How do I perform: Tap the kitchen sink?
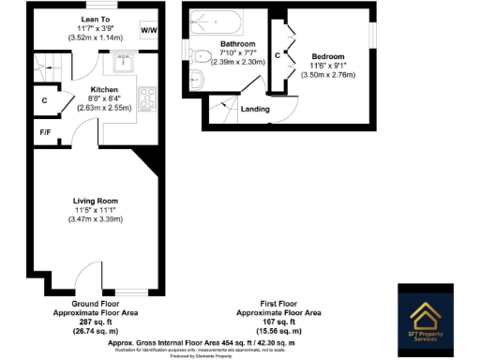(x=124, y=63)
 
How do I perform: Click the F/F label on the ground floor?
(x=44, y=132)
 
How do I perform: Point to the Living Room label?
(x=95, y=200)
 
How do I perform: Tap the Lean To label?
(x=94, y=17)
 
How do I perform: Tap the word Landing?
(x=255, y=109)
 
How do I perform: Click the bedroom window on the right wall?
(x=372, y=33)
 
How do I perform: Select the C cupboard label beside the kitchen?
(x=44, y=100)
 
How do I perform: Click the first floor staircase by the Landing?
(x=220, y=109)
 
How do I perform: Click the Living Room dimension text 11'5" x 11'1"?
(x=95, y=210)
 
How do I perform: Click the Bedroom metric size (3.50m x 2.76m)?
(x=328, y=74)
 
